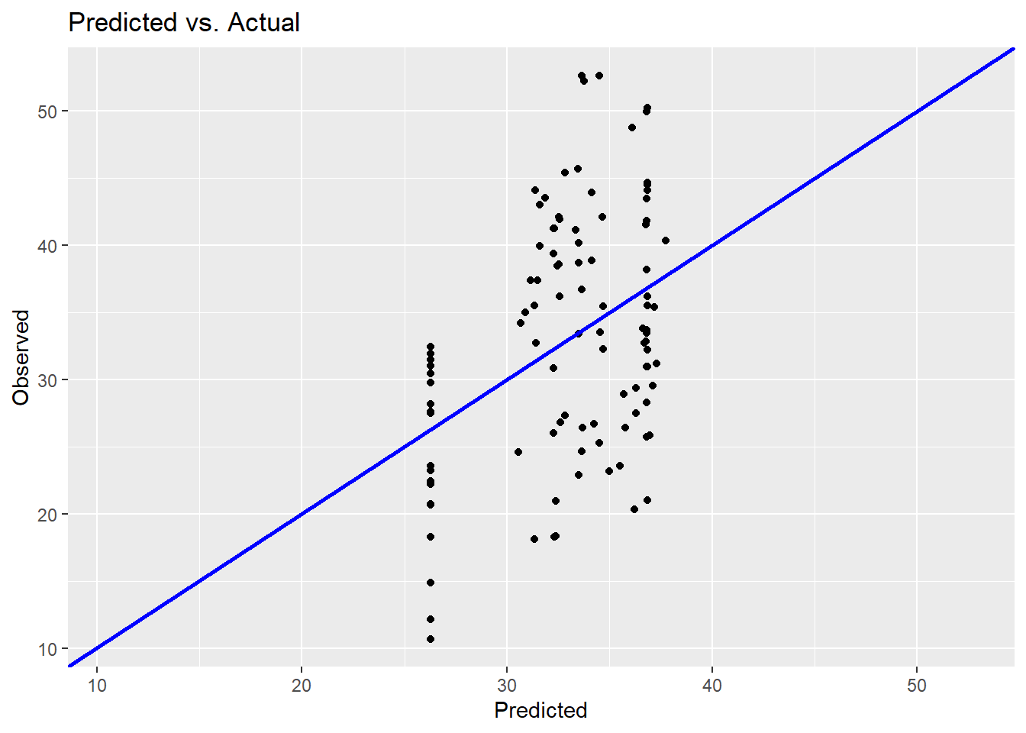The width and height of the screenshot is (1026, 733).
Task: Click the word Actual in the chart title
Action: point(263,23)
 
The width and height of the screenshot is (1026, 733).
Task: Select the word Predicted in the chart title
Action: point(122,23)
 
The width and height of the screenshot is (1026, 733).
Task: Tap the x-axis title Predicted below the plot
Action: point(540,710)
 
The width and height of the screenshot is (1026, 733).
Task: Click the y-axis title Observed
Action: point(21,357)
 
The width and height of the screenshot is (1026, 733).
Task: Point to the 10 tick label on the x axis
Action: point(97,686)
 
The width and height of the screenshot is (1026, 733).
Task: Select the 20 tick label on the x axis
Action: point(302,686)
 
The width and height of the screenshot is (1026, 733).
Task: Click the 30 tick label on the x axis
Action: point(507,686)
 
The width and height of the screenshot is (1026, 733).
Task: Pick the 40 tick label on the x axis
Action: point(712,686)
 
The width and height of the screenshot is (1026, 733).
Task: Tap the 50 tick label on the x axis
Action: point(917,686)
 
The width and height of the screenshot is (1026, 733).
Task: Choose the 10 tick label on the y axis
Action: point(48,649)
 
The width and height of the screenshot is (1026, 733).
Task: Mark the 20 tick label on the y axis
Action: point(48,515)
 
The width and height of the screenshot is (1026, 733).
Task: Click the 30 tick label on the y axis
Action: point(48,380)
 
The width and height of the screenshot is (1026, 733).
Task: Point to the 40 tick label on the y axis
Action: point(48,246)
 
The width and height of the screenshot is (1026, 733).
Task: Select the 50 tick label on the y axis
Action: point(48,111)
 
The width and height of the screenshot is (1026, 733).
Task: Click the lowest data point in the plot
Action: point(431,639)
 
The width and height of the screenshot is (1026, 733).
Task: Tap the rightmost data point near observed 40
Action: point(666,241)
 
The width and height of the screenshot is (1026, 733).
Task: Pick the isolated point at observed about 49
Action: point(632,128)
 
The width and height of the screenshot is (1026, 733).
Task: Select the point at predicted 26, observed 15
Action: point(431,583)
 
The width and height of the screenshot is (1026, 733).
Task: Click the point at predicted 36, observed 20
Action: point(634,509)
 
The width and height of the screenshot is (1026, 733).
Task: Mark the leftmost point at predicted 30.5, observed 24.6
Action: point(518,452)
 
